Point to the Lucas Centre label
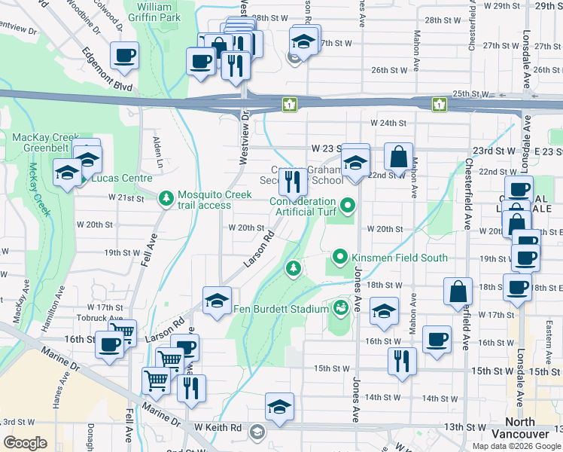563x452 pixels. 122,179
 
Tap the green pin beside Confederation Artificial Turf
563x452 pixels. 347,204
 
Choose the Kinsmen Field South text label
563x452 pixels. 399,258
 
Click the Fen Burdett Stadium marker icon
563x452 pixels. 340,307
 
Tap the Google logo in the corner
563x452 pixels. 25,442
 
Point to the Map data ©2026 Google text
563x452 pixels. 516,446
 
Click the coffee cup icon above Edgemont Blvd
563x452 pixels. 124,54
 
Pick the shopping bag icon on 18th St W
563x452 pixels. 458,291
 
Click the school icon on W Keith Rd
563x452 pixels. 279,406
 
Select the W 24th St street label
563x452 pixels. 388,123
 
